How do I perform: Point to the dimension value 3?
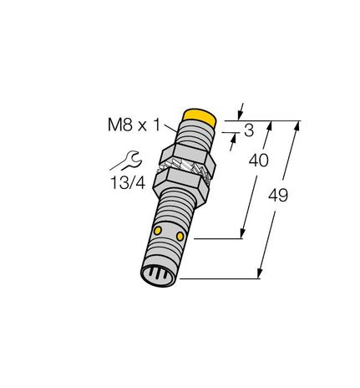click(x=247, y=130)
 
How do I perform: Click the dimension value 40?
click(x=259, y=161)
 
